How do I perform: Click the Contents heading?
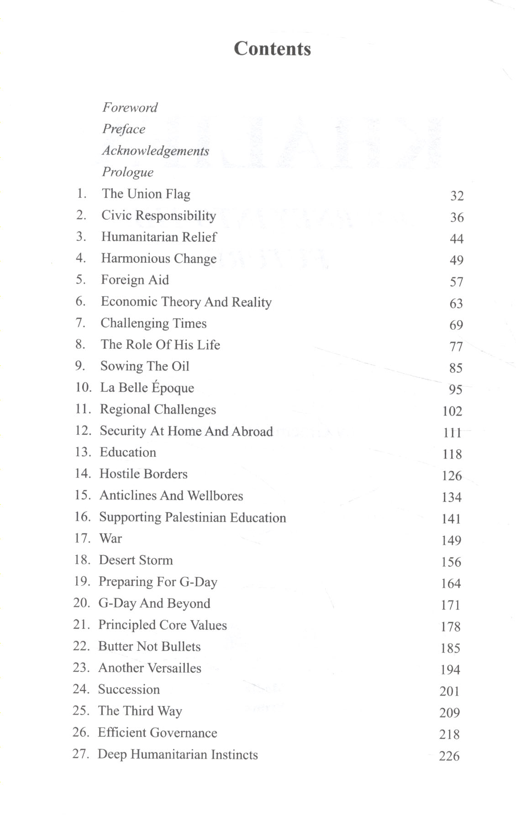(272, 49)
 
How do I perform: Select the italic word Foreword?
(130, 108)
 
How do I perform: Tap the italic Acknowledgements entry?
(155, 151)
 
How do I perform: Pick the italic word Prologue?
(127, 172)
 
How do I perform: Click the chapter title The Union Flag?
(146, 194)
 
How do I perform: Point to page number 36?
(457, 217)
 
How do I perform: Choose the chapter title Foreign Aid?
(135, 280)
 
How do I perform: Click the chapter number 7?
(80, 323)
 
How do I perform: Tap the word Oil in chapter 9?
(180, 366)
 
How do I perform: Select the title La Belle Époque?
(147, 388)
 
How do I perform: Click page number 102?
(452, 411)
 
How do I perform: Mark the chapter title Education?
(128, 453)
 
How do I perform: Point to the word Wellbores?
(215, 496)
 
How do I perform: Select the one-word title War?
(111, 539)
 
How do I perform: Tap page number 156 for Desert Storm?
(451, 562)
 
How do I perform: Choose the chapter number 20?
(81, 603)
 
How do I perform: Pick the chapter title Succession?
(129, 690)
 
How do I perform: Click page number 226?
(449, 756)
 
